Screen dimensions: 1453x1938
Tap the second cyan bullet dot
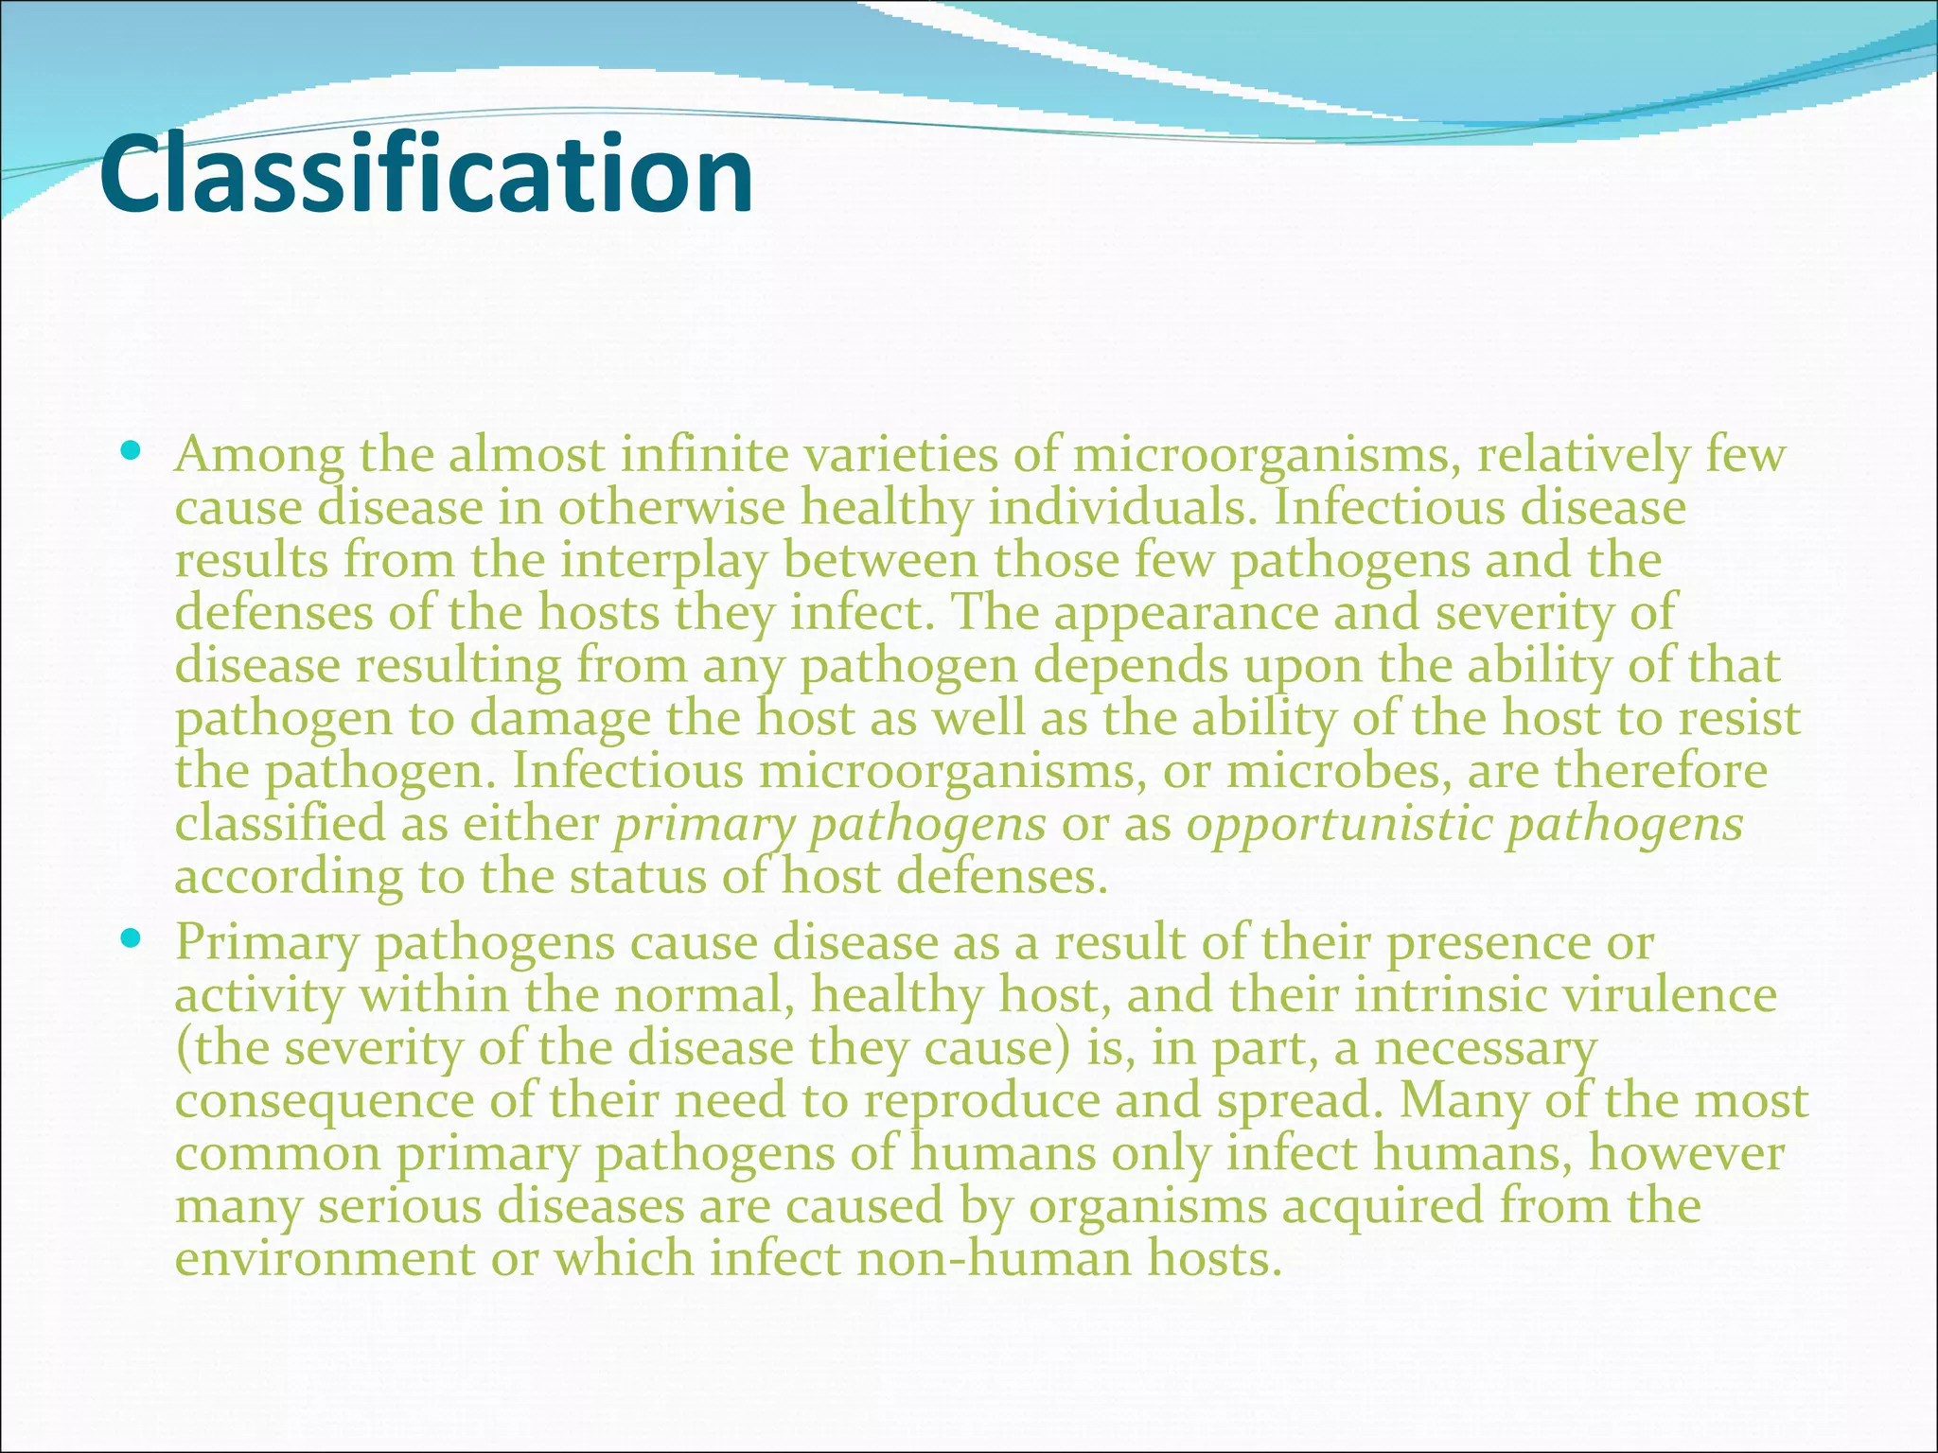132,938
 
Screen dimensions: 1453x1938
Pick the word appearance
1186,614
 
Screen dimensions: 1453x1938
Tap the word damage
560,719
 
